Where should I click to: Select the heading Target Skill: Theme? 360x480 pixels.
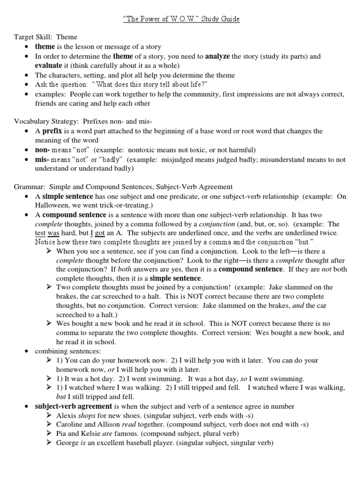coord(45,37)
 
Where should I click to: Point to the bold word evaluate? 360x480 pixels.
coord(49,66)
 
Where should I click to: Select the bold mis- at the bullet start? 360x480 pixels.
coord(42,160)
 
